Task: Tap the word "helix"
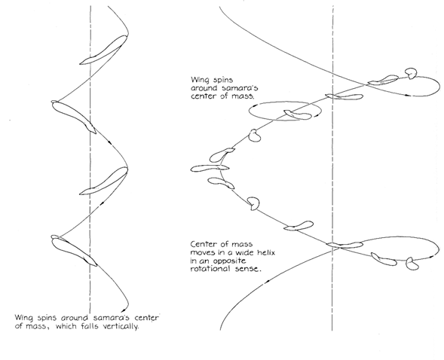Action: click(x=266, y=252)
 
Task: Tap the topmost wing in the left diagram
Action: click(x=103, y=50)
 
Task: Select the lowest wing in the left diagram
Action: click(x=74, y=251)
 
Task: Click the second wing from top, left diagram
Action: click(x=74, y=117)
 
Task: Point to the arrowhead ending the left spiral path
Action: click(x=124, y=310)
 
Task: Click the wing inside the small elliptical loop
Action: click(x=297, y=114)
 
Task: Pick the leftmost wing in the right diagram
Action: click(x=210, y=168)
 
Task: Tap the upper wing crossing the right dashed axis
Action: click(x=344, y=96)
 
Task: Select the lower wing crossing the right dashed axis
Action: click(x=344, y=245)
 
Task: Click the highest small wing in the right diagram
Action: click(x=411, y=73)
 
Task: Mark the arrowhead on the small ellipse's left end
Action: click(x=253, y=105)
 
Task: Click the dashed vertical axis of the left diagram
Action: click(x=90, y=158)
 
